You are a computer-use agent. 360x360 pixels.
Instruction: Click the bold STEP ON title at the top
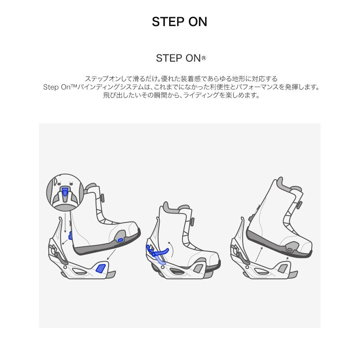[x=180, y=22]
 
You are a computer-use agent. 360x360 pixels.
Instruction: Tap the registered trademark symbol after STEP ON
[x=204, y=58]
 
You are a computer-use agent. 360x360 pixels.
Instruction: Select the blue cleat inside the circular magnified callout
[x=65, y=193]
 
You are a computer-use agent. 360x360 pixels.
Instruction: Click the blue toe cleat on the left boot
[x=120, y=240]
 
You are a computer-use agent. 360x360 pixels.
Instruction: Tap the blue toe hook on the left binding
[x=101, y=268]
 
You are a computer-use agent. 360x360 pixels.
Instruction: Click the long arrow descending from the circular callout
[x=65, y=224]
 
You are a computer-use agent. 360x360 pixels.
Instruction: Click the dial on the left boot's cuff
[x=102, y=198]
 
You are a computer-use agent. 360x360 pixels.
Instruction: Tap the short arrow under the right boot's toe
[x=288, y=260]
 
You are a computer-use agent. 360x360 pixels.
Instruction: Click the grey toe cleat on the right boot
[x=290, y=249]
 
